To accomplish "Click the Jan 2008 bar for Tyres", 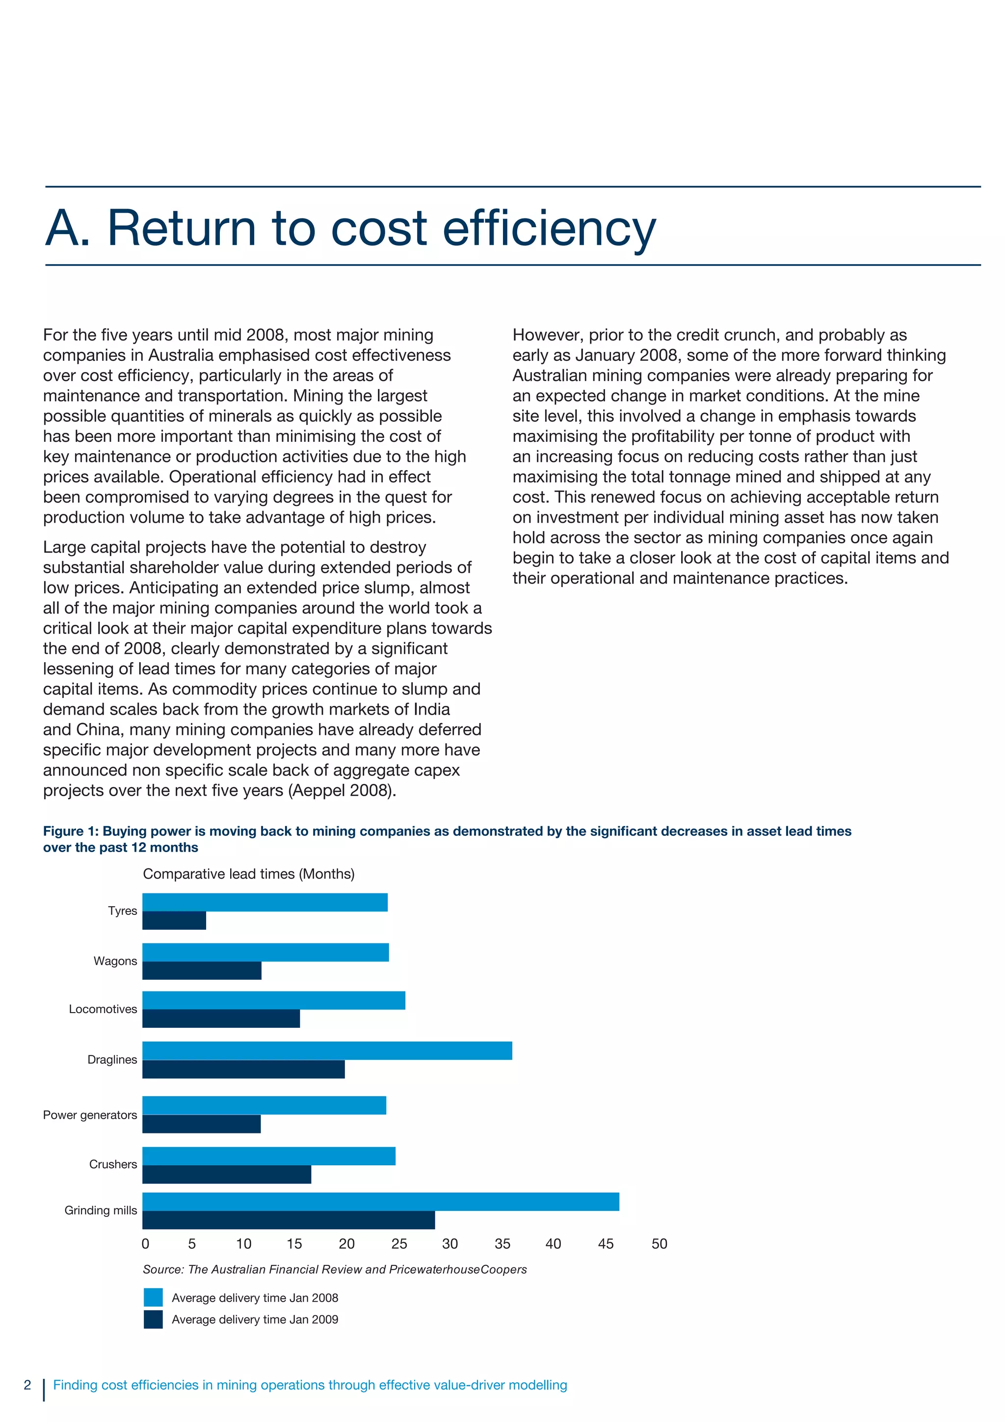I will point(265,902).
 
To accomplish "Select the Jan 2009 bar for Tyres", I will point(174,920).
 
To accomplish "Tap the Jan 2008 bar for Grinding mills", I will point(381,1202).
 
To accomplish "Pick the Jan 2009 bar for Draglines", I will point(243,1069).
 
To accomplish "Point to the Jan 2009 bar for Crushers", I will point(227,1174).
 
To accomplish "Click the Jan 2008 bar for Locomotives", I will point(274,1000).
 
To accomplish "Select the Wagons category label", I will point(115,961).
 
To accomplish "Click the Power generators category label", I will point(90,1115).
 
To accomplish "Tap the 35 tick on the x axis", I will point(502,1244).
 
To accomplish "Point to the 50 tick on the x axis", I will point(660,1244).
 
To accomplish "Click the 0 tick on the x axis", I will point(146,1244).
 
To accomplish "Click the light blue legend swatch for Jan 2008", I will point(153,1297).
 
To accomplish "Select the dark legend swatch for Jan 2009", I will point(153,1319).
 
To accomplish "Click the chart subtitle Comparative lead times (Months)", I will point(248,874).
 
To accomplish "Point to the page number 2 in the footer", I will point(27,1385).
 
